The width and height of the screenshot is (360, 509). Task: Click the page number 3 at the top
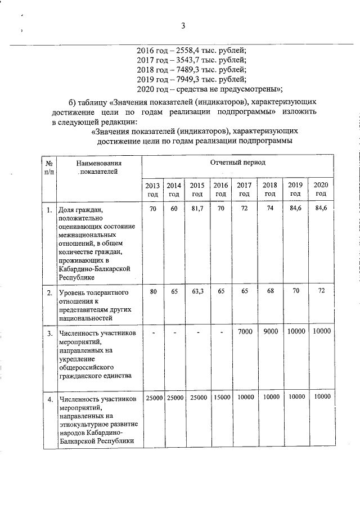point(183,25)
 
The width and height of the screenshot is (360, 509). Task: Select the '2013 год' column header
point(152,190)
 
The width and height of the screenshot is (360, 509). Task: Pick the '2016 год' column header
point(220,190)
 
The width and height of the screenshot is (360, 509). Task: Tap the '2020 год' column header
point(321,190)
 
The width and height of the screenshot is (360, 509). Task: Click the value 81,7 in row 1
point(197,209)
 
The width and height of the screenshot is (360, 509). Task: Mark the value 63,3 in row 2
point(197,292)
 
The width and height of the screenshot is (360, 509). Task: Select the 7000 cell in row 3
point(245,332)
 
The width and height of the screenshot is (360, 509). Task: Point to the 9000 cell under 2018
point(271,332)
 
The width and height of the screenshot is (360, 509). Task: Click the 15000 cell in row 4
point(221,398)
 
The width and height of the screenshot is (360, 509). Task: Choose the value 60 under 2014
point(174,209)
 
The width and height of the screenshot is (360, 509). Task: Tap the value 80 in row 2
point(152,292)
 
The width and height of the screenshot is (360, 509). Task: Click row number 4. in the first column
point(49,399)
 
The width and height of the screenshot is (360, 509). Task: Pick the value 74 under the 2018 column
point(271,209)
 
